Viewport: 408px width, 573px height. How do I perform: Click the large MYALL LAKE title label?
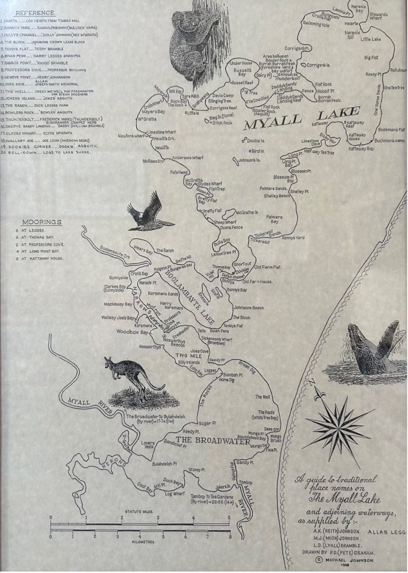pos(301,119)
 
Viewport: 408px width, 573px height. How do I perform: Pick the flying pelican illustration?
pos(149,213)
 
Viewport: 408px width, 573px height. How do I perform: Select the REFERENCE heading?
pos(35,13)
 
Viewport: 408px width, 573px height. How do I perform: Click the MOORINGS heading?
pos(41,222)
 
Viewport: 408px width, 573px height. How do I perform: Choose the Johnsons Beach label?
pos(249,307)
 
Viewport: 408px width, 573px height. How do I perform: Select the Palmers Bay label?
pos(274,219)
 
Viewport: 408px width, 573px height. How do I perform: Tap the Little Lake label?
pos(371,39)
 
